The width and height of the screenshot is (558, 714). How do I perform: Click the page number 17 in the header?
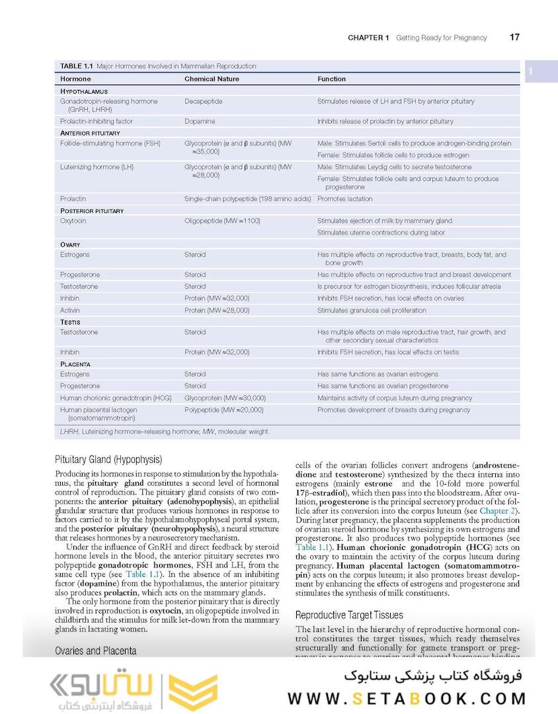click(x=514, y=37)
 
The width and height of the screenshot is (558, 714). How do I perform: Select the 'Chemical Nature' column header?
click(x=212, y=79)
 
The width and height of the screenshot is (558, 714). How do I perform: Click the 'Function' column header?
click(x=331, y=79)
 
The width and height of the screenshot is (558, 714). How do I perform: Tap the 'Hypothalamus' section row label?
click(x=84, y=91)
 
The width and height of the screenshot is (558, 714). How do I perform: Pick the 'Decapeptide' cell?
click(x=203, y=102)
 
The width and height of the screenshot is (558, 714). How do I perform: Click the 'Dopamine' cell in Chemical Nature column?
click(x=200, y=122)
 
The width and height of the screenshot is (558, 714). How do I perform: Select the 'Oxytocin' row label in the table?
click(x=74, y=221)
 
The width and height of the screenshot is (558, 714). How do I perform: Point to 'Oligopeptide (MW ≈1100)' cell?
click(x=222, y=221)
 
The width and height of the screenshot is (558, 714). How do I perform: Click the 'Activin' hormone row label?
click(x=70, y=310)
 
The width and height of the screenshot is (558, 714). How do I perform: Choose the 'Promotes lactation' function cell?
click(x=344, y=198)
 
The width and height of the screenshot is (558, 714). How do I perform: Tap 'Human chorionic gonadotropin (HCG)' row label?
click(x=116, y=398)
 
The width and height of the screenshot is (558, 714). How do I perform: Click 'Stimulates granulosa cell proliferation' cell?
click(x=377, y=310)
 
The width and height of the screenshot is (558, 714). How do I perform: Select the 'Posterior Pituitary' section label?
click(x=92, y=210)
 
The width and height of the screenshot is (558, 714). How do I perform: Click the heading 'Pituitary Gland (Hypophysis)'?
click(x=108, y=459)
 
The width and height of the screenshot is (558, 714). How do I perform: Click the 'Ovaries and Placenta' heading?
click(x=95, y=651)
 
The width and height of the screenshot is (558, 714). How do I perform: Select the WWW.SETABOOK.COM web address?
click(x=407, y=699)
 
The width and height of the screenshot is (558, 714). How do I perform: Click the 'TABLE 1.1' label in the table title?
click(x=77, y=66)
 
